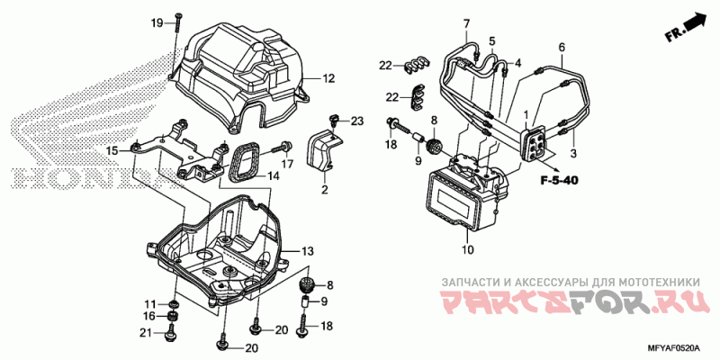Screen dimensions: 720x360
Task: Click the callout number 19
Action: coord(157,22)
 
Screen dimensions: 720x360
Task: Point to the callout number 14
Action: coord(273,176)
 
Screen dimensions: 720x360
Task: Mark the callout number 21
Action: coord(143,333)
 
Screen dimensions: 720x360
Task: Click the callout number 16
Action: coord(148,316)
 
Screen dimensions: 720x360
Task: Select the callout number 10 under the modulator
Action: coord(466,250)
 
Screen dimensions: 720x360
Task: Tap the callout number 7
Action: coord(467,22)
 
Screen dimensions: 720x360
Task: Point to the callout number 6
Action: coord(561,47)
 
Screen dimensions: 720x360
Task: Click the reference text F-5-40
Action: coord(559,182)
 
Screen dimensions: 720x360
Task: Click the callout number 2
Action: coord(324,190)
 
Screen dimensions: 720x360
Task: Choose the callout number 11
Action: coord(149,301)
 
